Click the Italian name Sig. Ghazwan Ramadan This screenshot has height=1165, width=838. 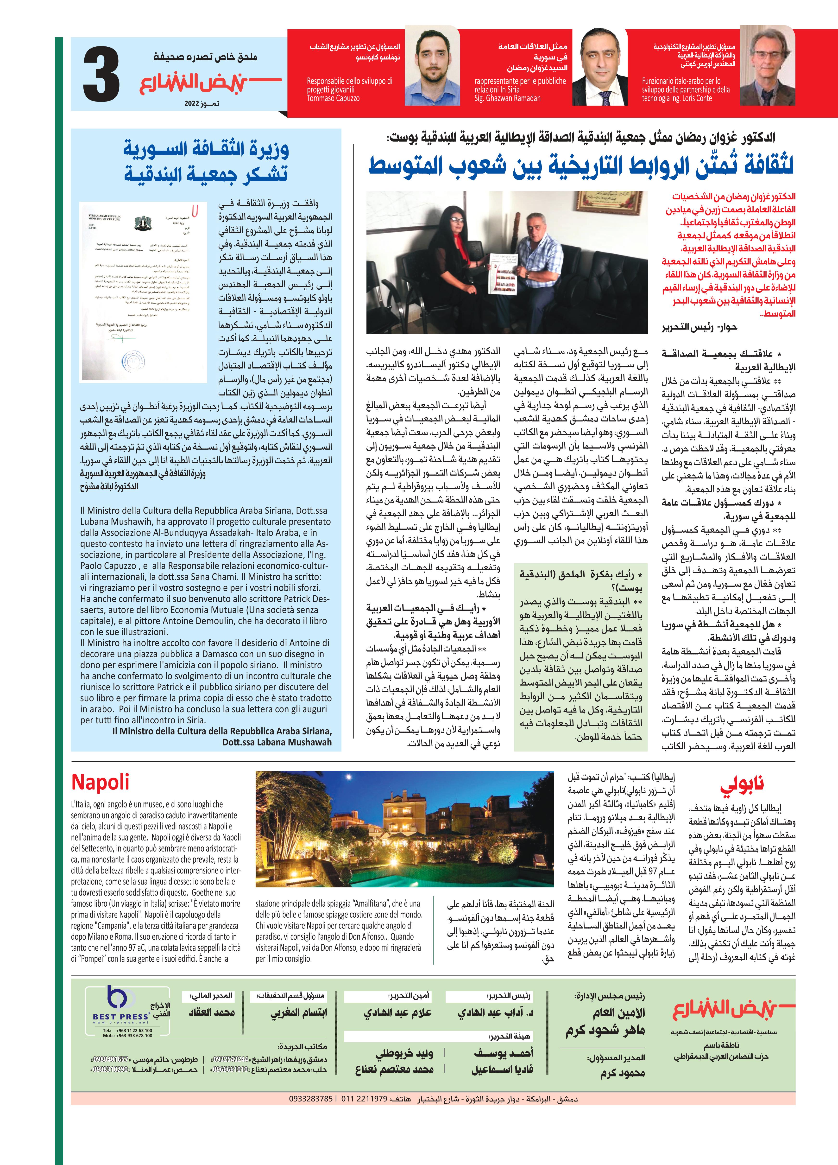[x=507, y=98]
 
